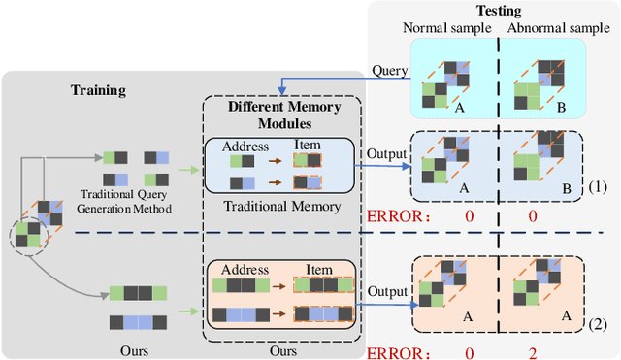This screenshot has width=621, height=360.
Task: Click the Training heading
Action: [x=101, y=90]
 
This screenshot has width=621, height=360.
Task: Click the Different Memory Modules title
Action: [x=285, y=114]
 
